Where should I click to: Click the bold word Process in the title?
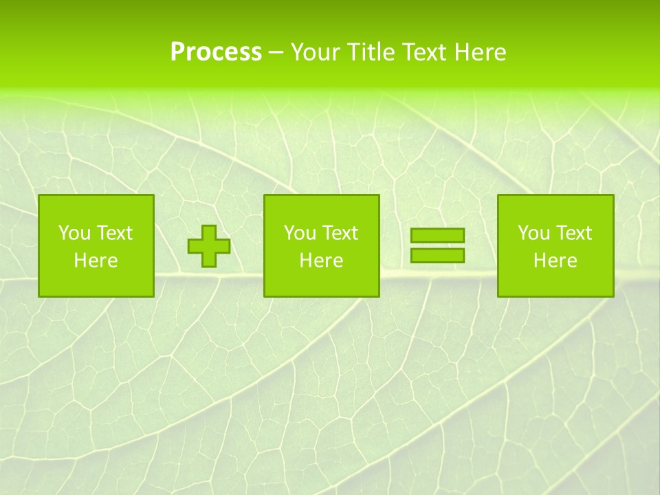[216, 52]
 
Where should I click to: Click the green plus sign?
[209, 246]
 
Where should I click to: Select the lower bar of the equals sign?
[437, 256]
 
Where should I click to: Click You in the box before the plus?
[74, 233]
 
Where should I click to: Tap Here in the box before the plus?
[96, 261]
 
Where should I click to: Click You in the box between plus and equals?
[299, 233]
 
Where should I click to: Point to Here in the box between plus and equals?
[321, 261]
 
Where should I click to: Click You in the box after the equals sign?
[533, 233]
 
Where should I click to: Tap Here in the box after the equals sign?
[555, 261]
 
